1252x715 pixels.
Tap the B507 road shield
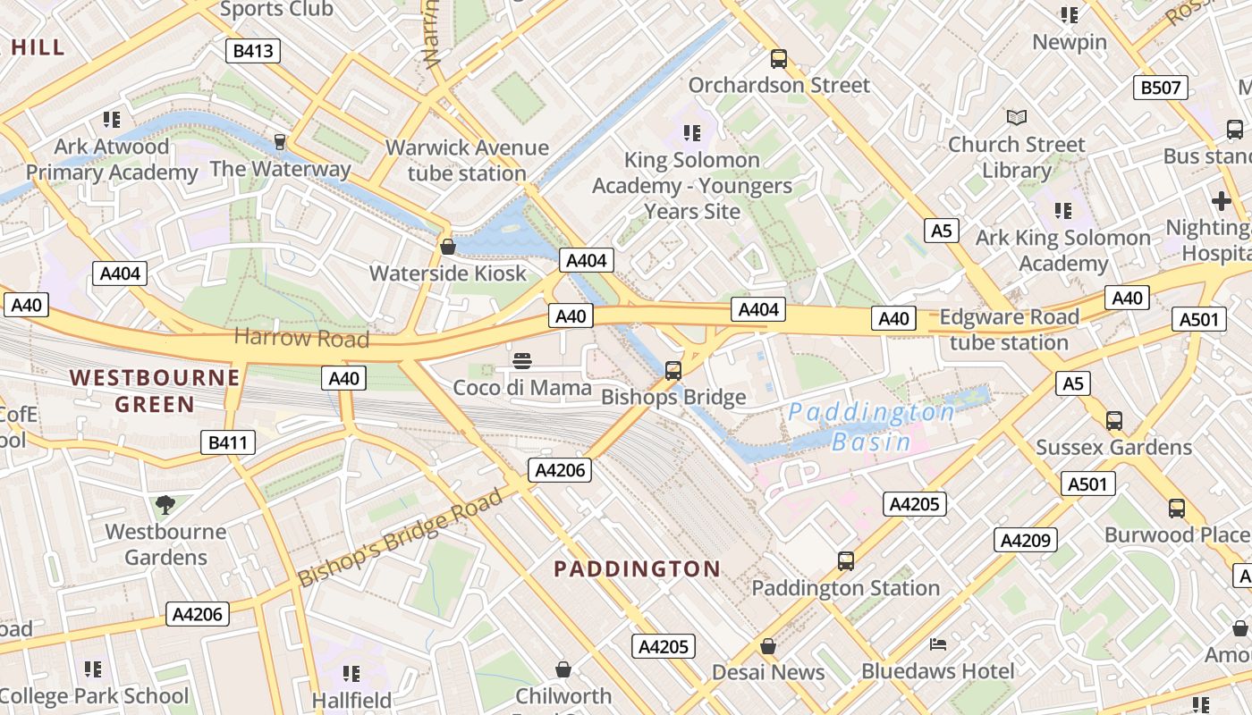pos(1161,88)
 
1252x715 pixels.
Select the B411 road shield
pos(227,442)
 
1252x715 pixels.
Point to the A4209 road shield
pos(1026,540)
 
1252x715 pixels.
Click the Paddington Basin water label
pos(872,426)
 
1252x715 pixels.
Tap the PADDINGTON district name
pos(637,568)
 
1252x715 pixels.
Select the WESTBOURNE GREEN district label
pos(155,391)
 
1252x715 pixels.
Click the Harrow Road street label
pos(301,338)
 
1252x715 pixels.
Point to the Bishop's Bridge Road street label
pos(401,537)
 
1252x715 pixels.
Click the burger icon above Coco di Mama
pos(523,360)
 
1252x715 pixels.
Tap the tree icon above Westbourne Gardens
pos(165,505)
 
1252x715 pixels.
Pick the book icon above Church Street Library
pos(1016,117)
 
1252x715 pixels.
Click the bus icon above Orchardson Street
pos(779,59)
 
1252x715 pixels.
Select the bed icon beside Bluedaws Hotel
pos(937,644)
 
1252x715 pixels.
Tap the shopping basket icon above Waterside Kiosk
pos(448,247)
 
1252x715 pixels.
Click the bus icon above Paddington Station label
pos(845,561)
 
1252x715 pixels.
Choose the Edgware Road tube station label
pos(1009,330)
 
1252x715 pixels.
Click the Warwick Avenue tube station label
pos(467,160)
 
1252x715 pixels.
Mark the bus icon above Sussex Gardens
pos(1113,420)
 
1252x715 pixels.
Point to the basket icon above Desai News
pos(767,645)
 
